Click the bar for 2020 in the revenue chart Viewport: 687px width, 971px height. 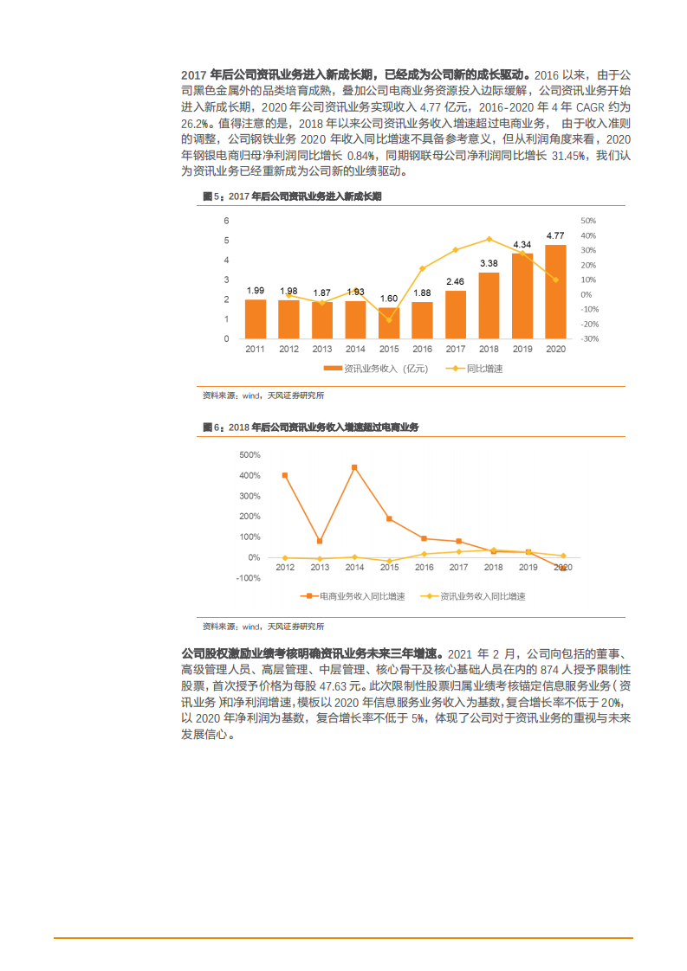[x=555, y=292]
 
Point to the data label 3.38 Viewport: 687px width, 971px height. [x=489, y=263]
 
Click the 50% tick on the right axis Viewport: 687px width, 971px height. [x=588, y=221]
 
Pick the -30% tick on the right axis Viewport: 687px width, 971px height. [x=589, y=338]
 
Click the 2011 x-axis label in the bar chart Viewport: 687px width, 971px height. [x=255, y=349]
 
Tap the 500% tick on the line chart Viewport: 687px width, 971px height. [x=250, y=455]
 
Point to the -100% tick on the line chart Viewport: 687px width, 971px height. [x=249, y=578]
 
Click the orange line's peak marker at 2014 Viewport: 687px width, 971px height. [x=354, y=467]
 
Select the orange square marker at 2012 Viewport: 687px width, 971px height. [x=285, y=475]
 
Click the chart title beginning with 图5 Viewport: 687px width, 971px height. [x=292, y=197]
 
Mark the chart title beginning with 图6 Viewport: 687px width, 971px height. [x=310, y=428]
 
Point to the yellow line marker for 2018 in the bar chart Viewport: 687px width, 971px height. [x=489, y=239]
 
